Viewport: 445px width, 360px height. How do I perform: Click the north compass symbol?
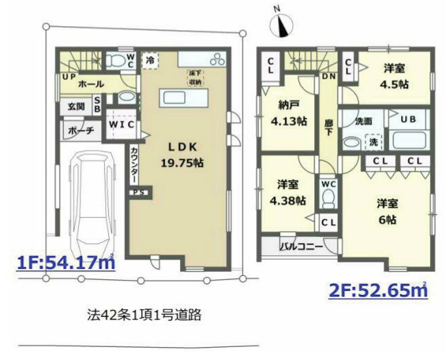coord(281,25)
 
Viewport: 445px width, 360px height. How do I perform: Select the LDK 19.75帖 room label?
coord(182,155)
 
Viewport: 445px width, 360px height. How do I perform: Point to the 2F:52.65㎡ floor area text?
coord(378,290)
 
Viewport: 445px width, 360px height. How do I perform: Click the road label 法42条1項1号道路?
coord(144,314)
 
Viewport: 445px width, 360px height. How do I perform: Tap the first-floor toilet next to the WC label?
coord(116,60)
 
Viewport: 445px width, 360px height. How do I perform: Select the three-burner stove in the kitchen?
coord(218,59)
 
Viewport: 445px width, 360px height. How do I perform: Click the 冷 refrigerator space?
coord(150,60)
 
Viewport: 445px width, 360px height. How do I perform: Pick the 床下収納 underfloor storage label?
coord(195,78)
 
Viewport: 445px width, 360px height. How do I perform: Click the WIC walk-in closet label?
coord(122,125)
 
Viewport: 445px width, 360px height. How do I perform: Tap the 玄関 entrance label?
coord(77,107)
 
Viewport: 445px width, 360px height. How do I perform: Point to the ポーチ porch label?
coord(81,131)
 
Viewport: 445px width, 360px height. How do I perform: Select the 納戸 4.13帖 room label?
coord(288,114)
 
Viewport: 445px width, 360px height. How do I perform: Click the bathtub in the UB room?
coord(407,140)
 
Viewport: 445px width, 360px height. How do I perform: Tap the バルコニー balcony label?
coord(301,246)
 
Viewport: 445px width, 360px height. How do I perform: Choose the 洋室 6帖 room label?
coord(387,211)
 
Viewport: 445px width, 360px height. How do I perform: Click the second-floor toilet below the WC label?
coord(329,197)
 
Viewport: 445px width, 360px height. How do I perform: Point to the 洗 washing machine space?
coord(373,142)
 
